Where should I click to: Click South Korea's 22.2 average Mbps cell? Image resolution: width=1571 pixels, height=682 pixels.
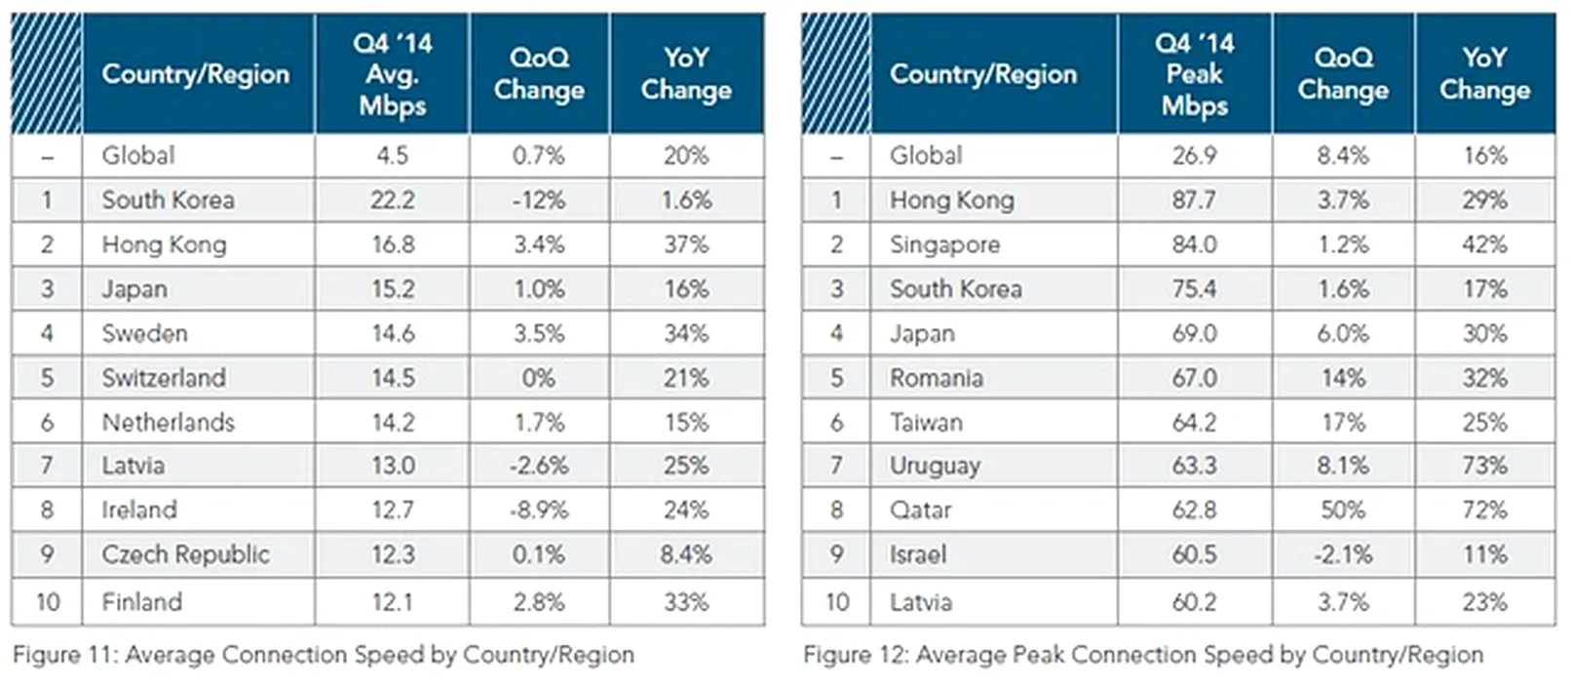(393, 201)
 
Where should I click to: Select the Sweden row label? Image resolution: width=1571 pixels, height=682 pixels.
(144, 334)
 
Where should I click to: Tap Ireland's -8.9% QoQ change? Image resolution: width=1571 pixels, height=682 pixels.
(539, 511)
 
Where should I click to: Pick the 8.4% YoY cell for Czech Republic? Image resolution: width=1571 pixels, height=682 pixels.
(686, 555)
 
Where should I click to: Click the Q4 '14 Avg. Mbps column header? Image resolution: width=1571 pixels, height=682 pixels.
(393, 74)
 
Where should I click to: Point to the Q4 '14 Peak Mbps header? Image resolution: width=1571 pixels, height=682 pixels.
(1194, 74)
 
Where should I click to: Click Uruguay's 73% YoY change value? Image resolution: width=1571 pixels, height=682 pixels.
(1484, 467)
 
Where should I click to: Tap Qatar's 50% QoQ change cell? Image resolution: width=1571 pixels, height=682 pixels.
(1343, 511)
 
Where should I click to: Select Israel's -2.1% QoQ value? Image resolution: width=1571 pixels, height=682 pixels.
(1343, 555)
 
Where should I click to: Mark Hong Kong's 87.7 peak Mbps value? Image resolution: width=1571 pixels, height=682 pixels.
(1194, 201)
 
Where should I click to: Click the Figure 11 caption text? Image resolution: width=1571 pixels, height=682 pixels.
(324, 656)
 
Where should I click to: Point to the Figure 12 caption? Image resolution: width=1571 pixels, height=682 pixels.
(1143, 656)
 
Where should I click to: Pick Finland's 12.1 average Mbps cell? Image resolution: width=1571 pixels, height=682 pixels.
(393, 603)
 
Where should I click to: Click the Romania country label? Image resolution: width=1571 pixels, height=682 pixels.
(936, 379)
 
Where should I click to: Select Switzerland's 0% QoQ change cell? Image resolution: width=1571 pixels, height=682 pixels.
(539, 379)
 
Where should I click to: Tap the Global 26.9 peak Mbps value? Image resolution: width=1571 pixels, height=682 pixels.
(1194, 156)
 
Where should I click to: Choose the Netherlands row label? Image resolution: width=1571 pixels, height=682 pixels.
(169, 423)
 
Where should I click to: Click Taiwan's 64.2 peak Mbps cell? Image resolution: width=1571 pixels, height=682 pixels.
(1194, 423)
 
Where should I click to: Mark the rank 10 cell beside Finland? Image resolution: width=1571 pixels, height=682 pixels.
(48, 603)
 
